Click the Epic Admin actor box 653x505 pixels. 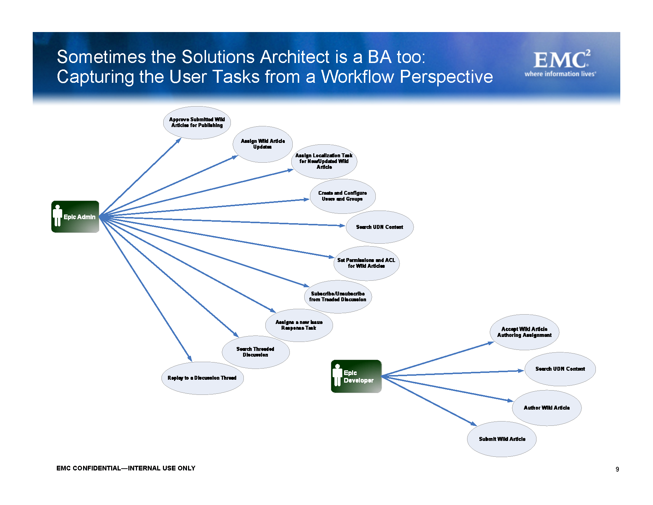click(75, 217)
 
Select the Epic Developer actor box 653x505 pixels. click(356, 376)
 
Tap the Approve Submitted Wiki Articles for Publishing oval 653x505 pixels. click(197, 122)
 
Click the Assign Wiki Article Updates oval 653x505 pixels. click(262, 144)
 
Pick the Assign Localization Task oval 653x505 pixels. click(324, 161)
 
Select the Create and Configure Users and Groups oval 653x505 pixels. click(342, 196)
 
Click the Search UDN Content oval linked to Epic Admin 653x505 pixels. click(379, 227)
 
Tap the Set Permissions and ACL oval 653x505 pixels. click(366, 263)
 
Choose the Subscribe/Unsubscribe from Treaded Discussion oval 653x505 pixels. click(338, 297)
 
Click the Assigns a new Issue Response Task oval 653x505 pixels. click(299, 325)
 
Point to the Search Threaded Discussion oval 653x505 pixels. click(255, 352)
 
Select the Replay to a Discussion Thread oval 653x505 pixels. click(202, 378)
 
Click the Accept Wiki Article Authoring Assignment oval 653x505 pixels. click(524, 332)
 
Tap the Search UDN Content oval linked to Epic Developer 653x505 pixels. click(560, 369)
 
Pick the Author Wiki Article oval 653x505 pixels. click(547, 408)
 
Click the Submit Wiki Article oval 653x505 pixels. click(502, 439)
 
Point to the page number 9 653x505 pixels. click(617, 469)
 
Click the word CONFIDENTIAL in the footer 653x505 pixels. click(97, 468)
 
